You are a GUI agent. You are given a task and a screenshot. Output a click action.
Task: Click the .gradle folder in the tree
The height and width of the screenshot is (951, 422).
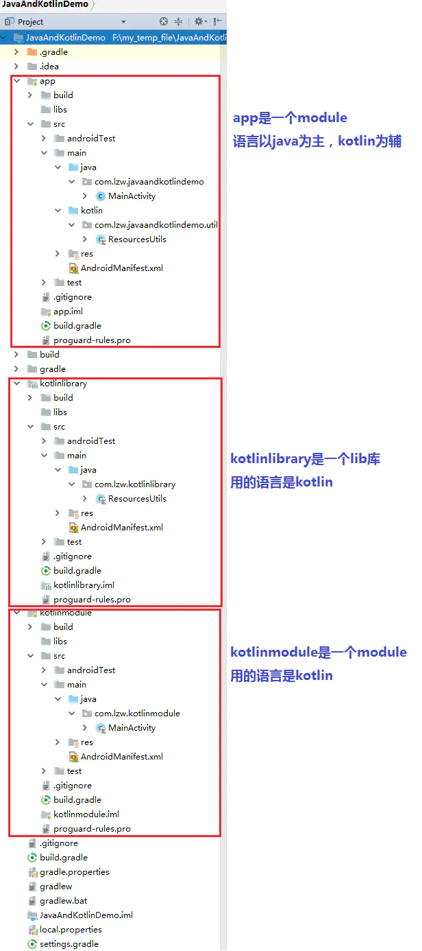tap(53, 52)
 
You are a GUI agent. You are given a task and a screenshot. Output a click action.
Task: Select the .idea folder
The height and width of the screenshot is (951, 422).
tap(49, 67)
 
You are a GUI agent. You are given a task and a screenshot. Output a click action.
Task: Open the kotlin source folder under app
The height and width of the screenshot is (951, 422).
tap(92, 211)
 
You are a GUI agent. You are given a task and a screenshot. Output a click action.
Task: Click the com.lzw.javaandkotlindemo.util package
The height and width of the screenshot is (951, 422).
tap(156, 225)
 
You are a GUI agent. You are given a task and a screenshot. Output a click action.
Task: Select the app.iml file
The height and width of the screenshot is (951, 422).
tap(68, 312)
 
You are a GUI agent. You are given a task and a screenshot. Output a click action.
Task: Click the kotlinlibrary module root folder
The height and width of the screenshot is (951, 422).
tap(63, 384)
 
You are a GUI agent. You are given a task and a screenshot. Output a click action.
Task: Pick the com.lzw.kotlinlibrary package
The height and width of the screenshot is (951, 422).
tap(135, 484)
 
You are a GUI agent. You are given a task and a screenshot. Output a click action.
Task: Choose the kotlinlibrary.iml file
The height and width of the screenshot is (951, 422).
tap(84, 585)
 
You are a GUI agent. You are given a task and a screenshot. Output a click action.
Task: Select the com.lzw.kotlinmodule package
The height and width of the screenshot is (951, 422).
tap(137, 714)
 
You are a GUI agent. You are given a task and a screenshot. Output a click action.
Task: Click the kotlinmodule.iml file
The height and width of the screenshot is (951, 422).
tap(86, 814)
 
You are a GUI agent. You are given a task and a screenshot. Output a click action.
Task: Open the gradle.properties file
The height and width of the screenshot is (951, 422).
tap(74, 872)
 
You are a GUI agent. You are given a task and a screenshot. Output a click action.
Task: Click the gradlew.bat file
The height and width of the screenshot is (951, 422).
tap(63, 901)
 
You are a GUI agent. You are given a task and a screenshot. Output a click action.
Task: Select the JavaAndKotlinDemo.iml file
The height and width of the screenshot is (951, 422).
tap(86, 915)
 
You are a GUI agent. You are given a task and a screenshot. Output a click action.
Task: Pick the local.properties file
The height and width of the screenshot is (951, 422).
tap(71, 930)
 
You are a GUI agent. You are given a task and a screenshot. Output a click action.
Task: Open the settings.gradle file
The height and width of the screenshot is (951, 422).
tap(69, 944)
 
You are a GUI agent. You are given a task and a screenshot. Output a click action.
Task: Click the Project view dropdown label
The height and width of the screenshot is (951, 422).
tap(30, 22)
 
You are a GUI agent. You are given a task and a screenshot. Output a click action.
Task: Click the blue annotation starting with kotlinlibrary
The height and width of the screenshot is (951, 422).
tap(305, 459)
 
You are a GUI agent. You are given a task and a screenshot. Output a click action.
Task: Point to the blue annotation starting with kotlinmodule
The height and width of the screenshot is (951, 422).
tap(319, 652)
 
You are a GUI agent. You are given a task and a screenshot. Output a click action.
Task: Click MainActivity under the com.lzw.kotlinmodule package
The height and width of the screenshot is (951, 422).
tap(132, 728)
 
